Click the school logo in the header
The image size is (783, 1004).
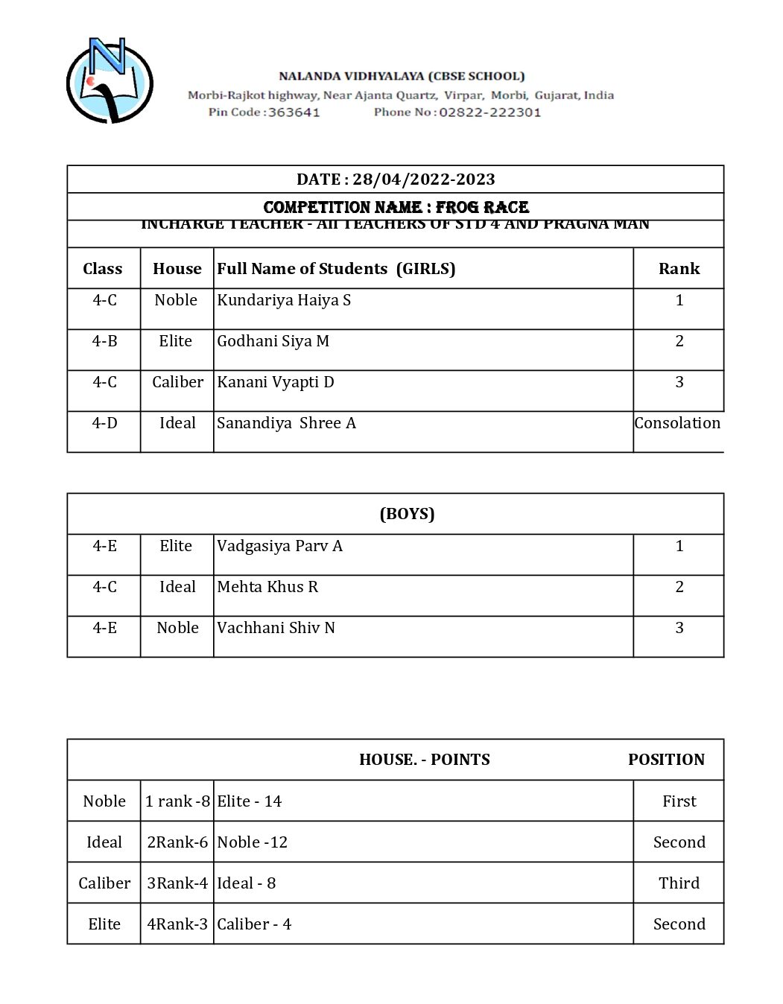click(110, 81)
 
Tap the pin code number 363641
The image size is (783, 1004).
click(294, 112)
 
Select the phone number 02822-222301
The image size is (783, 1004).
click(489, 112)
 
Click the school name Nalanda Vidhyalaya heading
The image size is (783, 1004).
click(402, 76)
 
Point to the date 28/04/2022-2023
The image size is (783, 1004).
click(423, 179)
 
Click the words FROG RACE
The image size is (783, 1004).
click(482, 207)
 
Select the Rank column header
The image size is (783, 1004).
click(679, 269)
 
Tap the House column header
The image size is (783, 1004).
click(177, 269)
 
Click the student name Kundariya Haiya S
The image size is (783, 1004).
click(284, 300)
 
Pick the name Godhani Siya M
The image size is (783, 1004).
click(273, 341)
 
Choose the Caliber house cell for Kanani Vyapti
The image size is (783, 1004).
click(177, 382)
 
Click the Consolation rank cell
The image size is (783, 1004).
click(677, 423)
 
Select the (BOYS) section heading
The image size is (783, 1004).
click(407, 514)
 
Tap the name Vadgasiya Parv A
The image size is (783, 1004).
click(279, 546)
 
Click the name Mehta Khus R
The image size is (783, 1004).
click(267, 587)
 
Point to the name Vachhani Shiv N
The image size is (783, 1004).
click(276, 628)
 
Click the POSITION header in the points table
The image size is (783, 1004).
click(666, 760)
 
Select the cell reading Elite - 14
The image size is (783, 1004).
click(250, 801)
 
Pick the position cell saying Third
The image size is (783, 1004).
click(679, 883)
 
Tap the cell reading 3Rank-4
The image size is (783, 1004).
click(177, 883)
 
